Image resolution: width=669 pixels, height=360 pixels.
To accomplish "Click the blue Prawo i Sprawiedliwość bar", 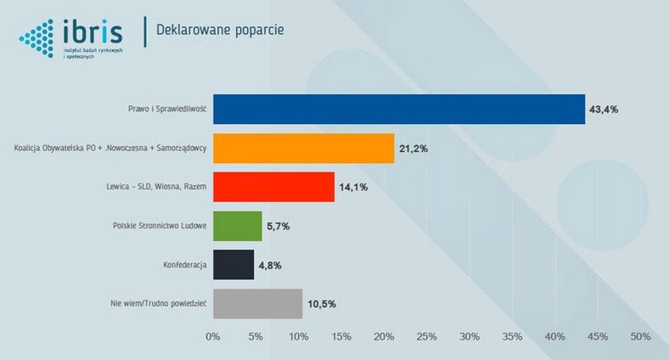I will (399, 110).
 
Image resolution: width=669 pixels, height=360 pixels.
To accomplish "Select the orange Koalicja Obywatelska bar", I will (304, 149).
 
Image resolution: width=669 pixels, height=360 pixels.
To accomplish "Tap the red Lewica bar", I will (273, 187).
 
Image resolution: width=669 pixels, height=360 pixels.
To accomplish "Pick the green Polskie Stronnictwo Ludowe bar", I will (237, 226).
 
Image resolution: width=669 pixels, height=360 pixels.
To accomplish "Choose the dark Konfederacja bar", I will (233, 265).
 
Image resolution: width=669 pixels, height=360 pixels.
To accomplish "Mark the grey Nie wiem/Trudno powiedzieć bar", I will (257, 304).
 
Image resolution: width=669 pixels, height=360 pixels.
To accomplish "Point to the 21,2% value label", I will (413, 149).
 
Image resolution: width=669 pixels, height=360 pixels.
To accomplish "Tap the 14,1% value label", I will (353, 187).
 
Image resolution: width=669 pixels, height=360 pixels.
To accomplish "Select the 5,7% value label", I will (278, 226).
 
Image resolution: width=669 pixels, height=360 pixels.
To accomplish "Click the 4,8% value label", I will (270, 265).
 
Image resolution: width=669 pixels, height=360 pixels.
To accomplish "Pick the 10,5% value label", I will (320, 304).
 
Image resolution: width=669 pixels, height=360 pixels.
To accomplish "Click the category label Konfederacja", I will (185, 265).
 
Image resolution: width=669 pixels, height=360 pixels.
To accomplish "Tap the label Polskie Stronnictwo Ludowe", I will (160, 226).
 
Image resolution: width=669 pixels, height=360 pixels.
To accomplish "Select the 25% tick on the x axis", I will (426, 337).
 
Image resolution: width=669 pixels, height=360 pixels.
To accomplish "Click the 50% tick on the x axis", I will (639, 337).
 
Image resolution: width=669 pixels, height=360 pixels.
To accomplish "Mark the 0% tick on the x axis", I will (213, 337).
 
